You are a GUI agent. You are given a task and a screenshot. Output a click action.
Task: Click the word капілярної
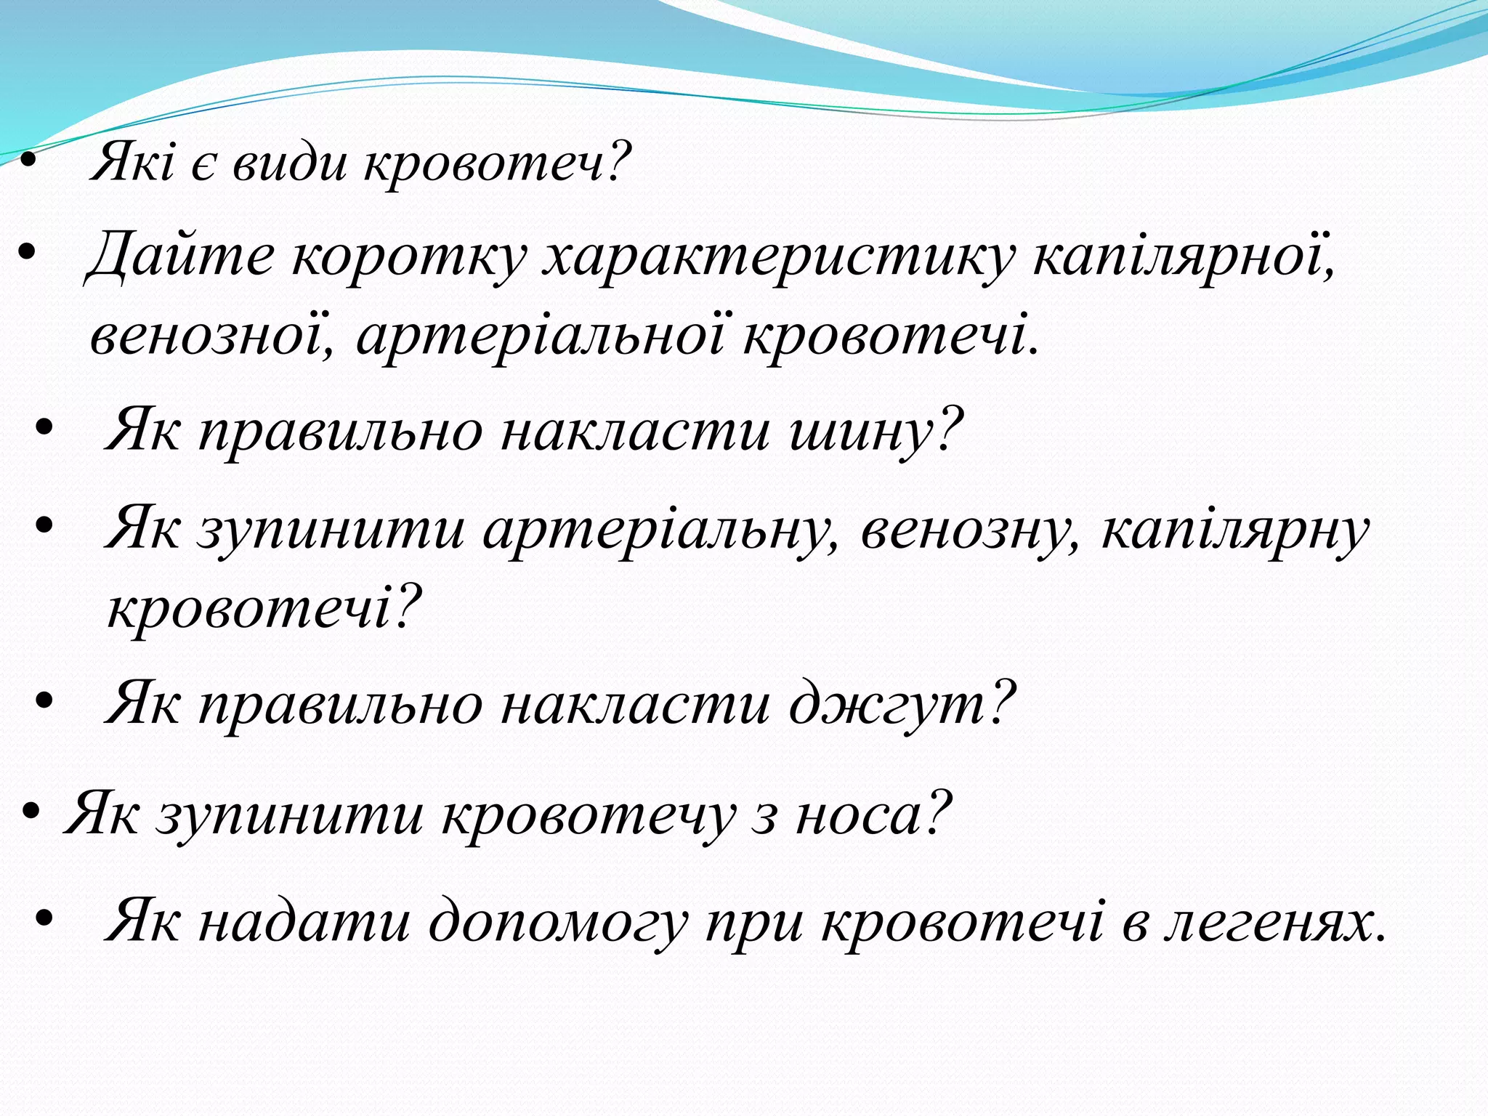point(1184,256)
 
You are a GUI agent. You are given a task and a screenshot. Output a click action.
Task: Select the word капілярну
point(1235,529)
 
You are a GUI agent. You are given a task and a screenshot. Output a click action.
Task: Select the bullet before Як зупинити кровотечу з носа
point(30,812)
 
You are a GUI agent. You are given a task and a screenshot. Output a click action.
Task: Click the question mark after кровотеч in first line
point(618,161)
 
